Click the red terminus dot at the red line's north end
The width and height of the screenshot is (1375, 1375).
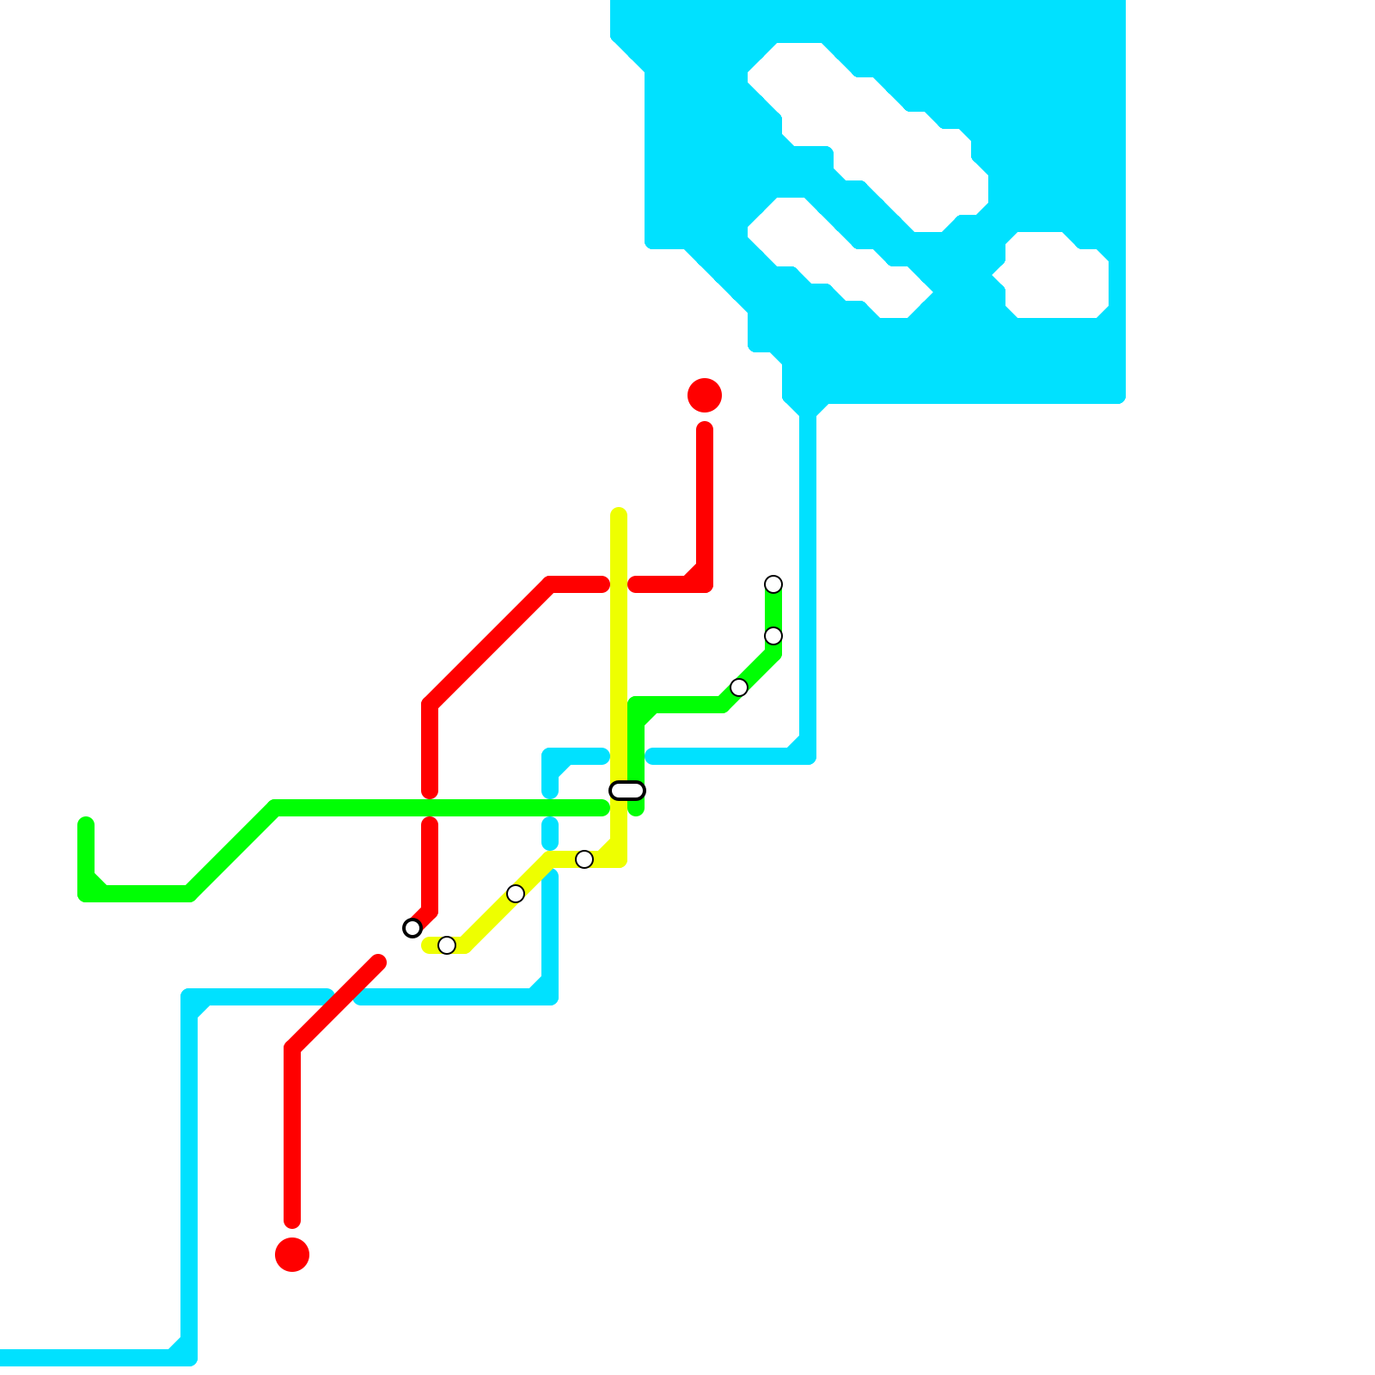705,395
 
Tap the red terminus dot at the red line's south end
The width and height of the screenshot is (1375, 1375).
292,1255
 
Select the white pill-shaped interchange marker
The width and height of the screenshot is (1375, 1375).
627,791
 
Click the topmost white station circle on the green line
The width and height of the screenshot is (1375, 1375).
773,584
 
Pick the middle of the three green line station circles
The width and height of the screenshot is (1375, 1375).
773,636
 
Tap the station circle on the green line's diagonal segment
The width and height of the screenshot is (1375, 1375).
739,687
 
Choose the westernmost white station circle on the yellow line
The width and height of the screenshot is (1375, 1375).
447,945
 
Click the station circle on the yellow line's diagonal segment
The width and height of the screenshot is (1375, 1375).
516,894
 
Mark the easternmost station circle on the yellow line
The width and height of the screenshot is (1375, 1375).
584,859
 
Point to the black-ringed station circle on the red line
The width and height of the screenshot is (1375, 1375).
412,928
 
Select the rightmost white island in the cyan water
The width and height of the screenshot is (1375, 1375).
1057,275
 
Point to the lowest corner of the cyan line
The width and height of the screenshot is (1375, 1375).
189,1358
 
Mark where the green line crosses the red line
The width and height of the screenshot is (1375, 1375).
430,808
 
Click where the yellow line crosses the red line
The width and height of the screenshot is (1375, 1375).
619,584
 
